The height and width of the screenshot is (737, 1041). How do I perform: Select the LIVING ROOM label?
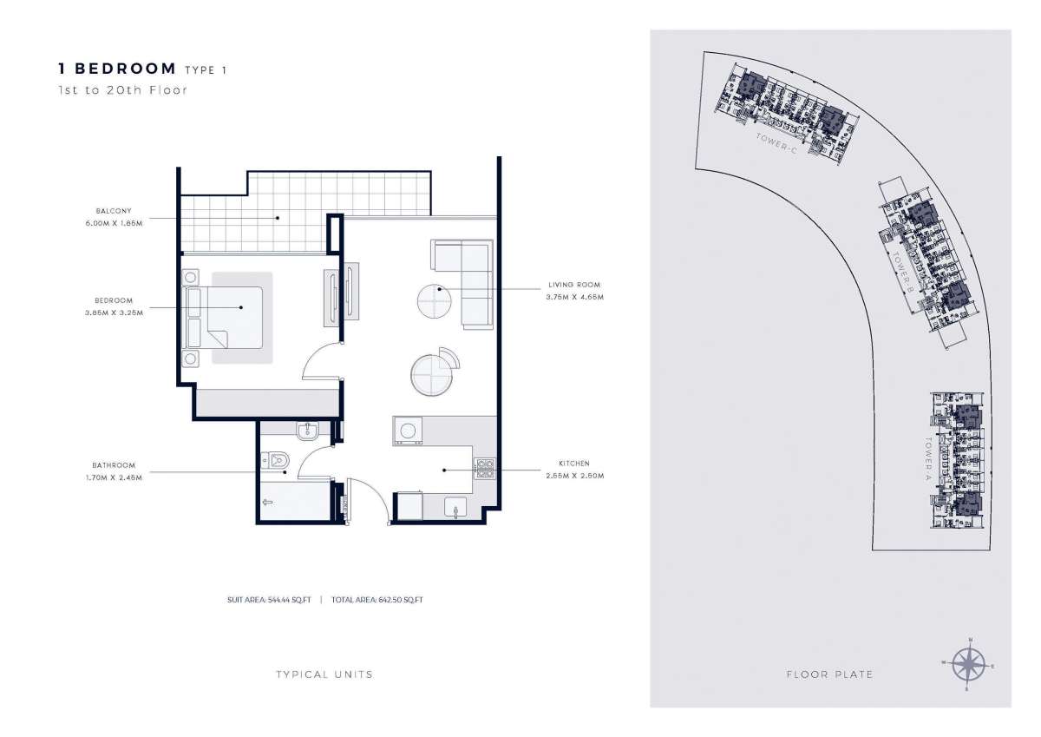573,285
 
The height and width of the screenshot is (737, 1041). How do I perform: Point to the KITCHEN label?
573,464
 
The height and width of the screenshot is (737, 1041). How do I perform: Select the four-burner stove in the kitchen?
484,469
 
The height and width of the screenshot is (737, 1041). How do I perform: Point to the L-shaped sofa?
468,278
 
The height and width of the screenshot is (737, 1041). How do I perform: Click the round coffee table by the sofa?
434,300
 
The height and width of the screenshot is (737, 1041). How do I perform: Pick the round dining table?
430,373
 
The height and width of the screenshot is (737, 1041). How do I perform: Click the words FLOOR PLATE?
828,674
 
